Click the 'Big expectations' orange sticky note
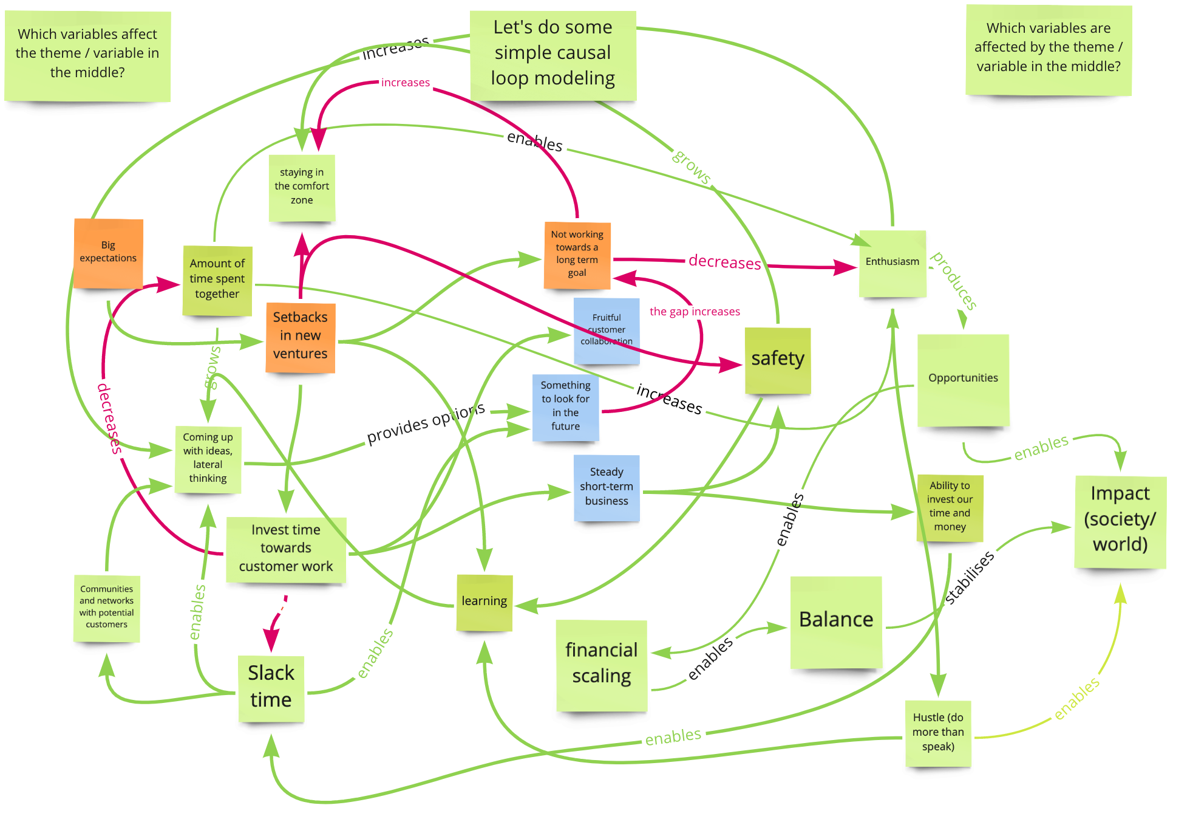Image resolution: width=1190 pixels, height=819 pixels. pyautogui.click(x=108, y=253)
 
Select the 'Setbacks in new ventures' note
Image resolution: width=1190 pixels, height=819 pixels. pyautogui.click(x=300, y=336)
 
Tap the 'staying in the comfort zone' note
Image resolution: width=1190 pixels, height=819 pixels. pyautogui.click(x=302, y=187)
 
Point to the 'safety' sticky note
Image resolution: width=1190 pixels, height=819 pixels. pyautogui.click(x=777, y=360)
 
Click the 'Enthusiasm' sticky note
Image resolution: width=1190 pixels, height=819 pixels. pyautogui.click(x=892, y=262)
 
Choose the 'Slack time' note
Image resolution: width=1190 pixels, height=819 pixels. pyautogui.click(x=271, y=687)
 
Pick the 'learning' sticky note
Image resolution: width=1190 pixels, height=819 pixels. pyautogui.click(x=484, y=601)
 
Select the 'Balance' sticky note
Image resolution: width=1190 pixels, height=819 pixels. pyautogui.click(x=835, y=620)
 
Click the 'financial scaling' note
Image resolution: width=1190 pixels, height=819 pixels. pyautogui.click(x=601, y=664)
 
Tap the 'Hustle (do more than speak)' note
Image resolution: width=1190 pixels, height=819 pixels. pyautogui.click(x=937, y=733)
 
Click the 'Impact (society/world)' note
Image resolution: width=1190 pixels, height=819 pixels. pyautogui.click(x=1120, y=520)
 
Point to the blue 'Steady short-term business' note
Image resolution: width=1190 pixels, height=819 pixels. pyautogui.click(x=606, y=487)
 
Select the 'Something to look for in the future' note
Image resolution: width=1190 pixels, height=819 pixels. pyautogui.click(x=565, y=406)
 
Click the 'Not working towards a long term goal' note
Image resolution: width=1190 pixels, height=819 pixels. pyautogui.click(x=577, y=255)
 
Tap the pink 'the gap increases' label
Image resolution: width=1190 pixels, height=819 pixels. pyautogui.click(x=695, y=312)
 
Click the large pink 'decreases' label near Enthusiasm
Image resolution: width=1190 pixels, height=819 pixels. pyautogui.click(x=724, y=262)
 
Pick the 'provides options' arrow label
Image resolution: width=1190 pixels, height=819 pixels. pyautogui.click(x=426, y=423)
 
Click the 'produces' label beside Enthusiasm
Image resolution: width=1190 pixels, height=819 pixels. pyautogui.click(x=954, y=281)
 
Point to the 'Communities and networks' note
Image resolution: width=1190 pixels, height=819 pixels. pyautogui.click(x=106, y=607)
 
